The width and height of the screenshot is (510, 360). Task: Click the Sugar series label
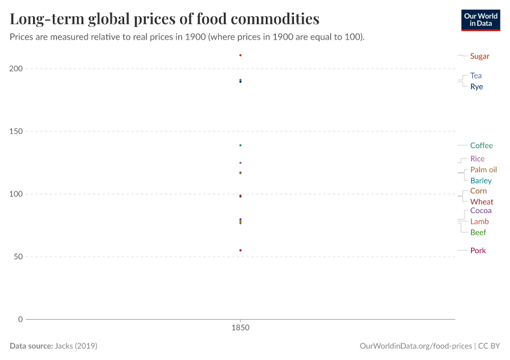click(x=479, y=56)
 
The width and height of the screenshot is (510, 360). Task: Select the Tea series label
click(x=476, y=76)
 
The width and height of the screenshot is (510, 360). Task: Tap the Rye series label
click(x=476, y=86)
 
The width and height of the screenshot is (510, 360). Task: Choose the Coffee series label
click(x=481, y=145)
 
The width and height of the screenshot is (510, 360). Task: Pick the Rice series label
click(x=477, y=159)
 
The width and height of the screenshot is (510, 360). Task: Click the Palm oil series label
click(x=483, y=170)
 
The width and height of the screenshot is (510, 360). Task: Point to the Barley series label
click(x=481, y=181)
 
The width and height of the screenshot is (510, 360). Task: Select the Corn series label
click(x=478, y=191)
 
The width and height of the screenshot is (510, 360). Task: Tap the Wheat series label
click(x=482, y=202)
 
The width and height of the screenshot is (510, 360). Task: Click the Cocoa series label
click(x=481, y=211)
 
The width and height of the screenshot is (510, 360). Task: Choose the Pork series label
click(x=478, y=250)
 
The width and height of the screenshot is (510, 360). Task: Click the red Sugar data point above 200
click(x=241, y=55)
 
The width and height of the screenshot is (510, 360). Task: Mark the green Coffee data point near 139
click(x=241, y=145)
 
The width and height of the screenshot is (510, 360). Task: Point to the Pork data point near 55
click(x=241, y=250)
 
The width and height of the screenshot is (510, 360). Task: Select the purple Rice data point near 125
click(x=241, y=163)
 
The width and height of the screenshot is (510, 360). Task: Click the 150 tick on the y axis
click(x=16, y=131)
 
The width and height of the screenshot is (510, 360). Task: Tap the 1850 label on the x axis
click(x=241, y=328)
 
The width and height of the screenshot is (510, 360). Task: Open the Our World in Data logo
click(x=480, y=20)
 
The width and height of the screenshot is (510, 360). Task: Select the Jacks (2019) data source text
click(x=76, y=346)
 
